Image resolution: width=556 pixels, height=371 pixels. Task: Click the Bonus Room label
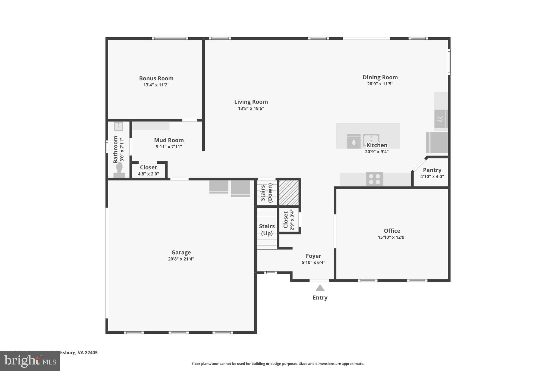tap(156, 78)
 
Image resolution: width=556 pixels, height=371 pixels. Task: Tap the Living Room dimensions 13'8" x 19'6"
tap(251, 108)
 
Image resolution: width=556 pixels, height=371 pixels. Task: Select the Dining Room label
tap(380, 77)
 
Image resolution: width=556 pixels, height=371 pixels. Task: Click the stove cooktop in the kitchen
tap(374, 179)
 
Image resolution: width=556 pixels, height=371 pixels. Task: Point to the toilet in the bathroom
tap(119, 170)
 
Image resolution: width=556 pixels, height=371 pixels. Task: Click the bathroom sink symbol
tap(118, 126)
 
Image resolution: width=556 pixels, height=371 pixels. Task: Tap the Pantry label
tap(432, 170)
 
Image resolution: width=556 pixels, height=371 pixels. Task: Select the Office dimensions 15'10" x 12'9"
tap(392, 237)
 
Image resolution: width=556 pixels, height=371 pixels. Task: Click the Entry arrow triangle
tap(320, 288)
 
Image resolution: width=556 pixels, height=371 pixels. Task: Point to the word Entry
tap(320, 298)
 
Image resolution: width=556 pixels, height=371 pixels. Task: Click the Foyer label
tap(313, 256)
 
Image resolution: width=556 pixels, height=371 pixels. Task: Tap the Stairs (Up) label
tap(267, 230)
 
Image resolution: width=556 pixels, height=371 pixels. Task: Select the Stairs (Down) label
tap(266, 193)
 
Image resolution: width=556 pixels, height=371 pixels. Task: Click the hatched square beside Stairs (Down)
tap(289, 193)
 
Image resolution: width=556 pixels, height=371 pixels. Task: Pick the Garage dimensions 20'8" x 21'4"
tap(181, 259)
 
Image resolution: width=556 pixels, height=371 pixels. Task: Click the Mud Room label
tap(169, 140)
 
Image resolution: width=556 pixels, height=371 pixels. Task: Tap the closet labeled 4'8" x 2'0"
tap(148, 171)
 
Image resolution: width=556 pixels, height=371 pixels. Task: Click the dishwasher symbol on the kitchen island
tap(354, 141)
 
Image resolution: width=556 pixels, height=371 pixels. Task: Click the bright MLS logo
tap(30, 361)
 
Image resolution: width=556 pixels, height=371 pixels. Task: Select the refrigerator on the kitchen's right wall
tap(437, 142)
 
